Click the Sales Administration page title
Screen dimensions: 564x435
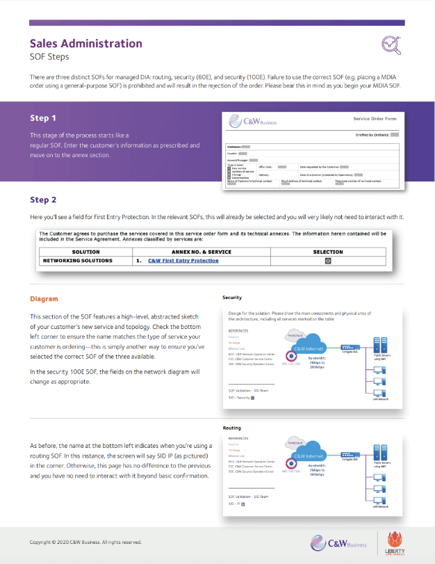point(85,43)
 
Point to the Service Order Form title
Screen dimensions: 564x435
point(376,119)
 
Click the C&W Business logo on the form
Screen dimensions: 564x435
point(254,122)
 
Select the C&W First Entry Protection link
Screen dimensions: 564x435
point(183,261)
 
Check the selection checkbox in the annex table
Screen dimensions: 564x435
point(328,261)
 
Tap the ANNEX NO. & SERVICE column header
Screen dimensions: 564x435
point(201,252)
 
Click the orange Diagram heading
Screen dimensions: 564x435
point(43,298)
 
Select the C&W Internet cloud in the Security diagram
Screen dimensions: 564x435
point(306,348)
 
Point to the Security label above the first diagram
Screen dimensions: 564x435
point(232,297)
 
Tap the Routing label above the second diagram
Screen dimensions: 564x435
point(231,428)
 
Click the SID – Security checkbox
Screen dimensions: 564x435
point(252,398)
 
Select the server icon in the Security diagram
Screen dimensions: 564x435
point(379,345)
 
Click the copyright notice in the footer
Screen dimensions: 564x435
point(85,542)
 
